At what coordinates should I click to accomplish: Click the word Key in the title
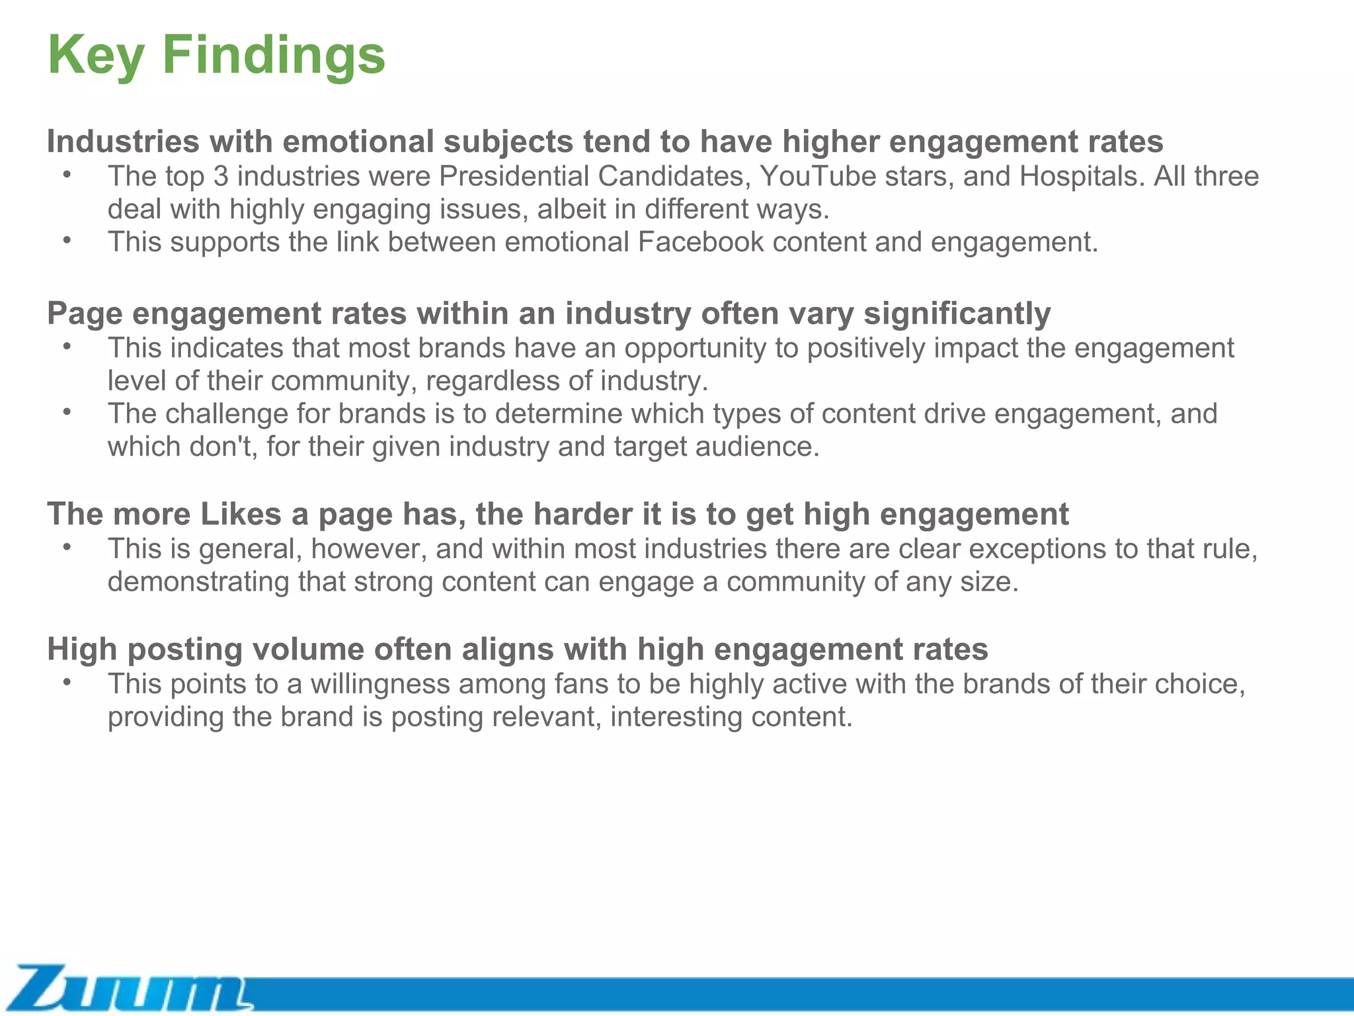click(96, 56)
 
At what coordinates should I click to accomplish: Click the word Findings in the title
click(274, 56)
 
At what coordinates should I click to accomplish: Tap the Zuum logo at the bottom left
click(129, 988)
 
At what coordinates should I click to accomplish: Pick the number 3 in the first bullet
click(221, 177)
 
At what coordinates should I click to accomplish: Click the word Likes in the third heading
click(241, 514)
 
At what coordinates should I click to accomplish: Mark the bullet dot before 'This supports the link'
click(67, 241)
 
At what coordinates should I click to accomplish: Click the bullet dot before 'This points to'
click(67, 683)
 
